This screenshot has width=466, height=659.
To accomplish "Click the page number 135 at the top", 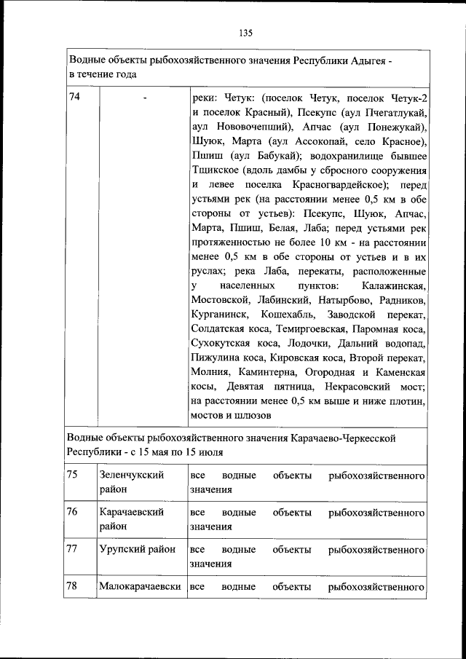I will [245, 32].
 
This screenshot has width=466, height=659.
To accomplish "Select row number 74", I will [74, 98].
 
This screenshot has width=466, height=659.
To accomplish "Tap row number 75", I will [73, 475].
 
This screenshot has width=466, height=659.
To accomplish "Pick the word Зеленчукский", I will [131, 475].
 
